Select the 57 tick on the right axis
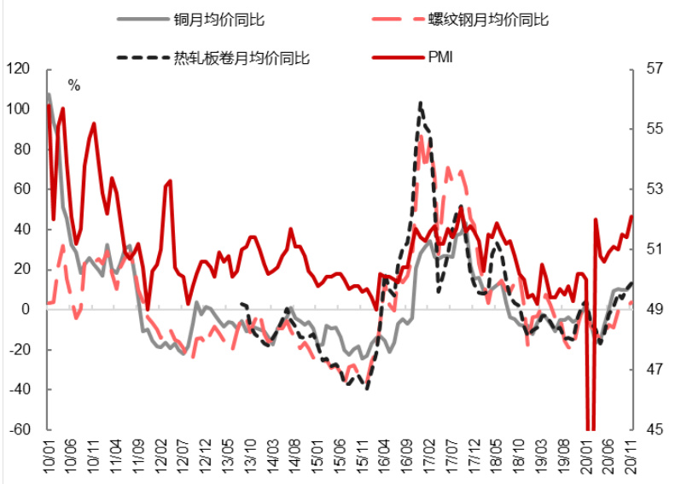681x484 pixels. [654, 69]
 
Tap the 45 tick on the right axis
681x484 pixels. [654, 429]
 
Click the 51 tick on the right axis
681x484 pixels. [654, 249]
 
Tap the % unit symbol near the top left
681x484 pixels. [74, 85]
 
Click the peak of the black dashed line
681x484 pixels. [421, 102]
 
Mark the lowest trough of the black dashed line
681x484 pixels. [367, 388]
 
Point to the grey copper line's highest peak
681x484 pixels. [49, 94]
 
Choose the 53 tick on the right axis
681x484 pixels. [654, 189]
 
